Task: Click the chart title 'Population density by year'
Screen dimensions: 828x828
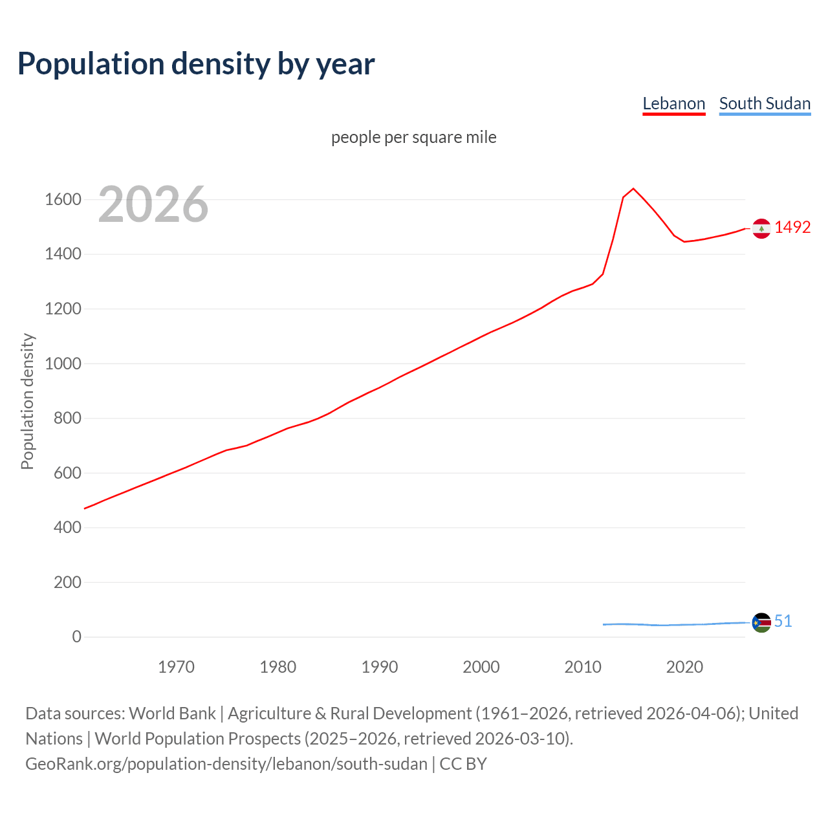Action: click(x=196, y=64)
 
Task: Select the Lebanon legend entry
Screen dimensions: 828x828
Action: click(x=673, y=103)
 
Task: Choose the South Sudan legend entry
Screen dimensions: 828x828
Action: click(x=765, y=103)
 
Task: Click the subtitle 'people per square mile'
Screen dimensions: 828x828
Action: click(x=413, y=137)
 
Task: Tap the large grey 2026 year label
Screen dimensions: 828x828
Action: click(x=153, y=204)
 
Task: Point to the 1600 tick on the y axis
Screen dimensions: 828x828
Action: click(x=63, y=199)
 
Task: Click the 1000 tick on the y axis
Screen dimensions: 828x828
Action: click(x=63, y=364)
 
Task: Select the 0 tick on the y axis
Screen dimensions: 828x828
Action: click(x=76, y=637)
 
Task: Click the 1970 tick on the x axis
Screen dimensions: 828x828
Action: click(x=176, y=667)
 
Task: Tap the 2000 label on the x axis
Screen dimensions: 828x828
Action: click(x=481, y=667)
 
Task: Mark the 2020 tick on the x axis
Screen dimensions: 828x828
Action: click(x=684, y=667)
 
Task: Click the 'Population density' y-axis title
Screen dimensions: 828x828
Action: click(x=27, y=401)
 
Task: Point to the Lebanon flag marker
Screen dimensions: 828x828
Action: click(x=761, y=228)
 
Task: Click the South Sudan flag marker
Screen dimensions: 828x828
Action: click(x=761, y=622)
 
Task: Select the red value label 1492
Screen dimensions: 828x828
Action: click(x=792, y=228)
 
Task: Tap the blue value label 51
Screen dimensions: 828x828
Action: click(x=783, y=622)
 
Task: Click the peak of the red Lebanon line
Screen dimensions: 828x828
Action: click(x=633, y=189)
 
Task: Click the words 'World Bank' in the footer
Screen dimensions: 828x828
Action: click(x=172, y=714)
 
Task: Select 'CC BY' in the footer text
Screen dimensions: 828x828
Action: click(x=463, y=764)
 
